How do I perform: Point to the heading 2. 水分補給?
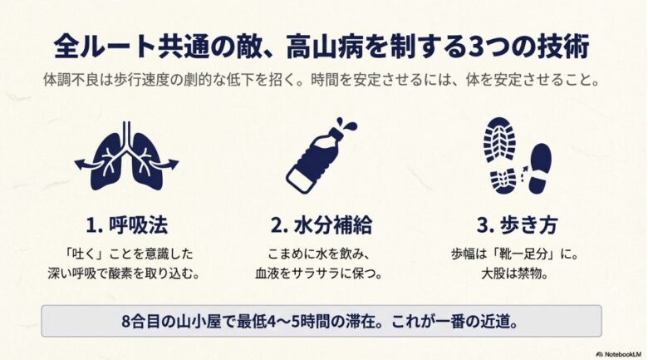[x=322, y=225]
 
